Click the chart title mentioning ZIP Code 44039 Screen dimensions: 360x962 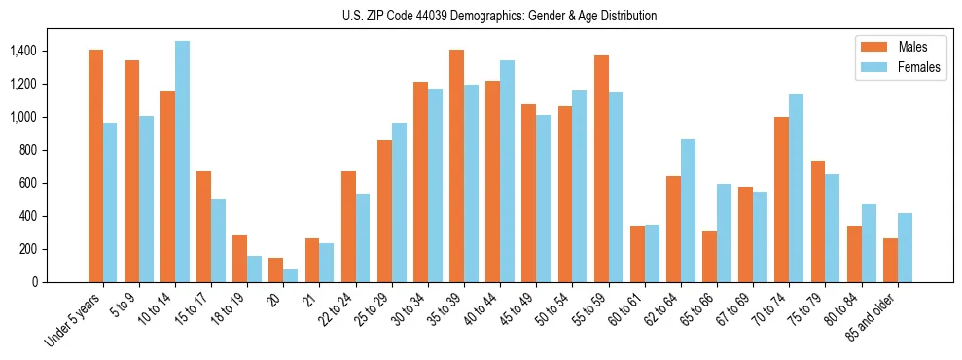click(x=499, y=16)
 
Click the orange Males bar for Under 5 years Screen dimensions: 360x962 click(x=95, y=165)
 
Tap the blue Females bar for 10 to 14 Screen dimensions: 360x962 click(x=182, y=162)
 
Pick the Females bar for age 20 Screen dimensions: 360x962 click(x=290, y=275)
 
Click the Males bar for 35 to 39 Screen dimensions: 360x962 click(x=456, y=165)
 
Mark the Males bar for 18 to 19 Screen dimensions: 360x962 click(x=239, y=259)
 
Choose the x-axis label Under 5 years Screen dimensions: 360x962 click(x=73, y=321)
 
